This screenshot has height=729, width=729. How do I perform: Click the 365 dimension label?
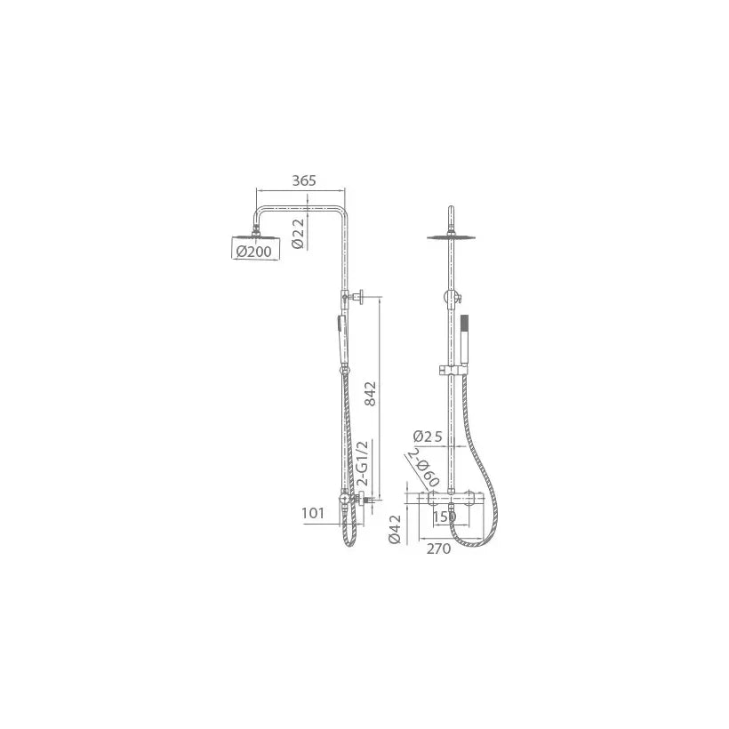point(304,180)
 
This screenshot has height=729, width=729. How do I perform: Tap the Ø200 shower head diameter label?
point(254,252)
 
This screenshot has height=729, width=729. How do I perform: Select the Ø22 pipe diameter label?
point(298,234)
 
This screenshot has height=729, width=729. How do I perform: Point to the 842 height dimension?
point(370,393)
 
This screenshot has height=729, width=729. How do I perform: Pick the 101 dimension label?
point(312,513)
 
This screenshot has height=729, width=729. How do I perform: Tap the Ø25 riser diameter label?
point(428,437)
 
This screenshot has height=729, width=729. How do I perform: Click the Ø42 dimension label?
point(395,529)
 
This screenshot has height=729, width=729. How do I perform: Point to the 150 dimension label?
point(445,517)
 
